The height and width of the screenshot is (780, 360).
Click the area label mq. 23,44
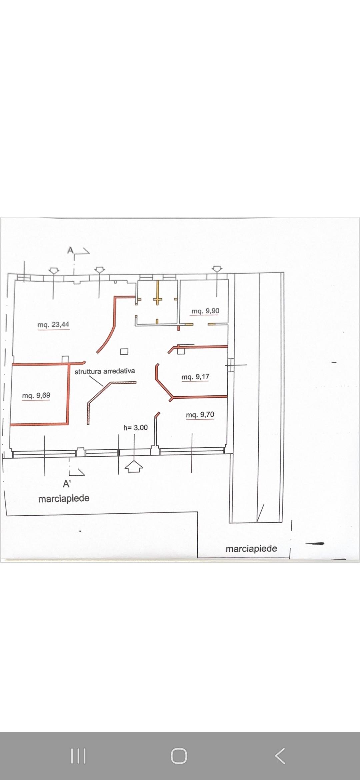coord(53,324)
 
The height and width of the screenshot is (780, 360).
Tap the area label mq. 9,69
coord(36,395)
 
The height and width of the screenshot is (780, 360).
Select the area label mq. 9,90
coord(205,311)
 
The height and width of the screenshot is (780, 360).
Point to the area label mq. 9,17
coord(195,377)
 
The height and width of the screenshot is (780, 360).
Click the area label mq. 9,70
coord(200,415)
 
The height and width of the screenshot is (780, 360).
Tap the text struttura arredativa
coord(105,371)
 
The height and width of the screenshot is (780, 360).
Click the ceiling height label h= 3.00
coord(135,427)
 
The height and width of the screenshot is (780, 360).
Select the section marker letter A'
coord(67,484)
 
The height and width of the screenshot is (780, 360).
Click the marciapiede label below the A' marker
coord(64,498)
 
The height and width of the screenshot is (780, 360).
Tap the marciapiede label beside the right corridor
coord(251,548)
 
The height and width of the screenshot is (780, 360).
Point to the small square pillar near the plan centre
coord(124,351)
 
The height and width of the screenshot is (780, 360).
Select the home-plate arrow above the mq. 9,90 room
coord(217,269)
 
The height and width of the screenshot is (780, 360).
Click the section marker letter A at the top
coord(70,250)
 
